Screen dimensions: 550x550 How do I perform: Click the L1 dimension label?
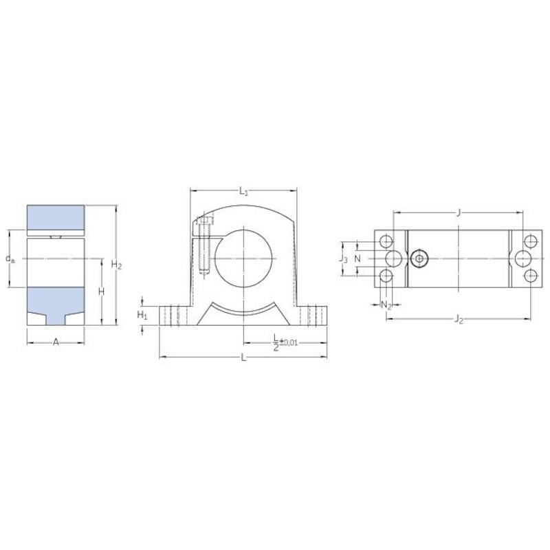(244, 192)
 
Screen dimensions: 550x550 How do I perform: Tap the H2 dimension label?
(116, 265)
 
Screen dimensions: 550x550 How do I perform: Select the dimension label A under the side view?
(56, 342)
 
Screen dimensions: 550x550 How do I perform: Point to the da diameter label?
(10, 259)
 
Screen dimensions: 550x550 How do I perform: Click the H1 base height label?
(142, 316)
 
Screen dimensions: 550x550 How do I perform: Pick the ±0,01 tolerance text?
(288, 342)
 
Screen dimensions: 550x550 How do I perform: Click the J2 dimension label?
(459, 319)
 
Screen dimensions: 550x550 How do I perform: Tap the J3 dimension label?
(343, 259)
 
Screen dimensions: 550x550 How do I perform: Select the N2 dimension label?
(386, 305)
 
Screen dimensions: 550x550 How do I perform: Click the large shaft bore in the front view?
(244, 258)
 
